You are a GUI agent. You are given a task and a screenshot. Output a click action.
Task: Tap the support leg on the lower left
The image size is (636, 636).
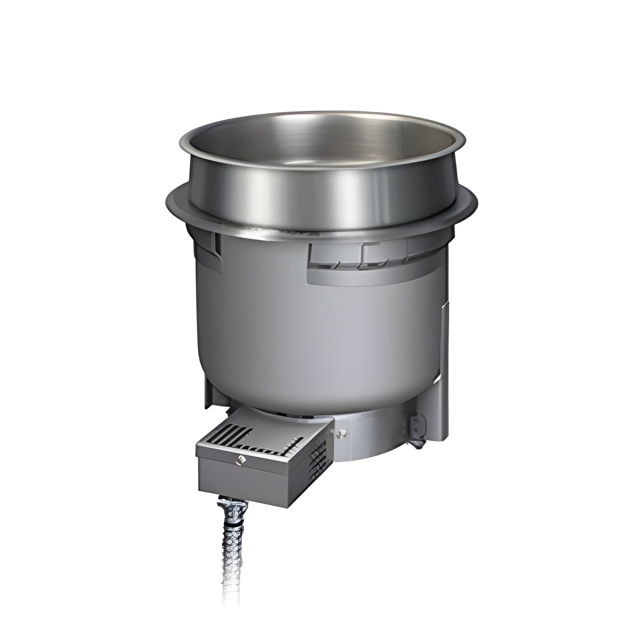pos(211,387)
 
